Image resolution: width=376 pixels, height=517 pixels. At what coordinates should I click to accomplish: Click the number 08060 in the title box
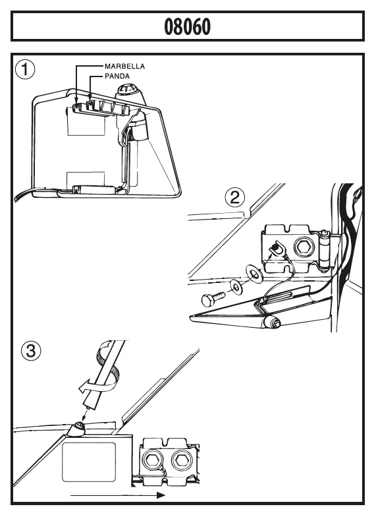tap(187, 26)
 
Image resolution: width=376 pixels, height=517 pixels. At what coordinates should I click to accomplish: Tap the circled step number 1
tap(25, 70)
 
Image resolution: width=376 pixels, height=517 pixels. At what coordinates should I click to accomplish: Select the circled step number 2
tap(234, 198)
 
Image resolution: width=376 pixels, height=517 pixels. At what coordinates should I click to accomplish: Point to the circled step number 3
tap(31, 351)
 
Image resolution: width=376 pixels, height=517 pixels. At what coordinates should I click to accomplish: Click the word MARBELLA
tap(125, 66)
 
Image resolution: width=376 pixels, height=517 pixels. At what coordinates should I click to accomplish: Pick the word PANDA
tap(117, 76)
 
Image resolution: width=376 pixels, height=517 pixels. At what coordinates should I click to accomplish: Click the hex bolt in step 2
tap(212, 297)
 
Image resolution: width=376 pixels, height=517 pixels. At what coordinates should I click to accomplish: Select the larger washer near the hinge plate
tap(254, 274)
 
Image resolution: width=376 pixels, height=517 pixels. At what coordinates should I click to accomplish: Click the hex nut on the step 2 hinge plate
tap(302, 247)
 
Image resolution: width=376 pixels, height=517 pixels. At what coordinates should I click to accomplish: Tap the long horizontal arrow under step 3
tap(117, 495)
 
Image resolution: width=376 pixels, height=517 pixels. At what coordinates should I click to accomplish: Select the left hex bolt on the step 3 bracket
tap(153, 459)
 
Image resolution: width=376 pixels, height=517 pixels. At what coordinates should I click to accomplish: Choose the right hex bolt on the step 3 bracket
tap(180, 459)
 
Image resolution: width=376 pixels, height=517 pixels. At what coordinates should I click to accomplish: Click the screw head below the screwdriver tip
tap(79, 428)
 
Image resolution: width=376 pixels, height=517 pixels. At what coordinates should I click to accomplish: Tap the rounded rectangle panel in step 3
tap(90, 462)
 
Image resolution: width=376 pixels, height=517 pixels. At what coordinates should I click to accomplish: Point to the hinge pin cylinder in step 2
tap(325, 249)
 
